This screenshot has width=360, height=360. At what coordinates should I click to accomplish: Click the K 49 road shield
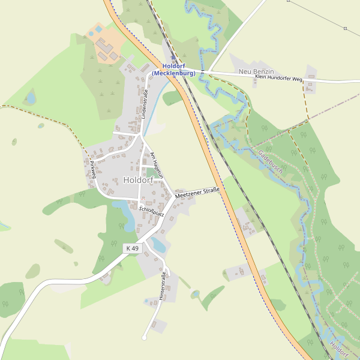(x=132, y=248)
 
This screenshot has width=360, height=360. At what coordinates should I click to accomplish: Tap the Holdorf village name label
(x=138, y=180)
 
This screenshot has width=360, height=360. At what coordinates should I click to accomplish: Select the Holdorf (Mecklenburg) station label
(x=174, y=70)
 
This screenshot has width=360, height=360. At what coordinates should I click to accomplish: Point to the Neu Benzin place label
(x=256, y=72)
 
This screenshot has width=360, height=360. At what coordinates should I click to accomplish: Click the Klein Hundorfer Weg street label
(x=278, y=78)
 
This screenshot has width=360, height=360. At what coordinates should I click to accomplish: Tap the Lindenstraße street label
(x=145, y=104)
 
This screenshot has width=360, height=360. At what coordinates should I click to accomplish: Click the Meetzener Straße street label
(x=197, y=193)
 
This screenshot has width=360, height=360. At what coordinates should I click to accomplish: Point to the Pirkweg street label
(x=93, y=170)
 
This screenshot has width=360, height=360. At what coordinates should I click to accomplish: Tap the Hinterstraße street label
(x=162, y=286)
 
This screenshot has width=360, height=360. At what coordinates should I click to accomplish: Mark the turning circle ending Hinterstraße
(x=144, y=338)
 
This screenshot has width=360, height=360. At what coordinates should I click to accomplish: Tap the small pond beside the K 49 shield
(x=158, y=244)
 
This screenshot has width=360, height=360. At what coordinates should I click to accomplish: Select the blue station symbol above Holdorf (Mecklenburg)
(x=173, y=59)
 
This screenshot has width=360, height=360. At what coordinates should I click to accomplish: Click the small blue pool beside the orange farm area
(x=91, y=34)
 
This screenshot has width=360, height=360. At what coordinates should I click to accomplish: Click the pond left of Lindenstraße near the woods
(x=30, y=97)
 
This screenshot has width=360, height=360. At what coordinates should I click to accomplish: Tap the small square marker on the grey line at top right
(x=346, y=28)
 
